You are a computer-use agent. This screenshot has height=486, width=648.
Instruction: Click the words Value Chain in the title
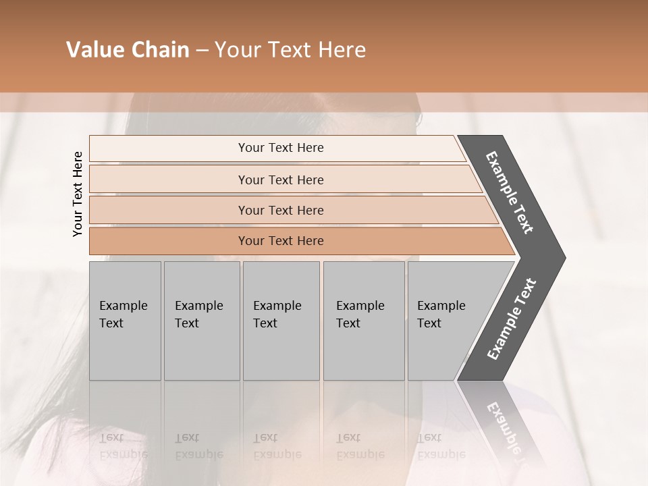[x=128, y=50]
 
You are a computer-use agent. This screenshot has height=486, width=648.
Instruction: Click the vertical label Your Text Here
[x=78, y=194]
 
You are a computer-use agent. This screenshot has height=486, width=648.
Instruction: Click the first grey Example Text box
[x=125, y=321]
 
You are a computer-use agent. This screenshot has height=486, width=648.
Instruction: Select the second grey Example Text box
[x=202, y=321]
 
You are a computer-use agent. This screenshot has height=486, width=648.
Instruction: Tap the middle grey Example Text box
[x=281, y=321]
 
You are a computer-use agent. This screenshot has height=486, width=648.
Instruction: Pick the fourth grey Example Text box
[x=364, y=321]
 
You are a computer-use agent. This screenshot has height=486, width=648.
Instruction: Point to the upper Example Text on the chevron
[x=510, y=192]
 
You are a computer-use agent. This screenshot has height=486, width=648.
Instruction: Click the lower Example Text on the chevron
[x=512, y=319]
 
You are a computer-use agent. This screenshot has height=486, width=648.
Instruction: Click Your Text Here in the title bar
[x=290, y=50]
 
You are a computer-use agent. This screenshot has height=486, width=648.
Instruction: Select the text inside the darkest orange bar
[x=281, y=241]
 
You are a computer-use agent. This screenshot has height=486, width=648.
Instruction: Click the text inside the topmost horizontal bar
[x=281, y=148]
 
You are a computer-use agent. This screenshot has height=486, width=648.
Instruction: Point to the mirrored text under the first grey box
[x=123, y=446]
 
